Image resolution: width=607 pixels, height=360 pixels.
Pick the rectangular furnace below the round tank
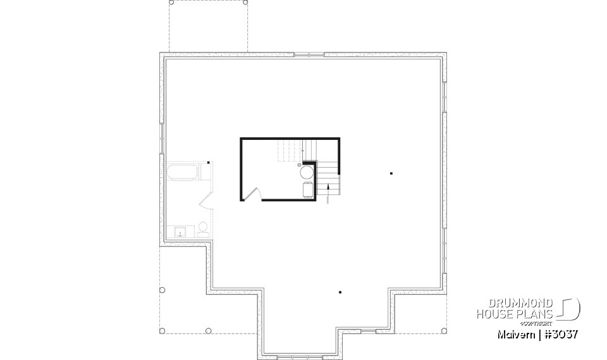pos(307,189)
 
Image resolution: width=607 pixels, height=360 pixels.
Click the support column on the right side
pos(391,173)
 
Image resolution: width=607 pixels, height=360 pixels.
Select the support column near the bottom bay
pos(340,292)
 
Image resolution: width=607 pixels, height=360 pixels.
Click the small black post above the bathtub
pos(209,161)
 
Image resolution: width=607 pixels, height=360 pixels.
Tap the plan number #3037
pos(560,333)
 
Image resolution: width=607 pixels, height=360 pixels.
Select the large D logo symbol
pos(570,308)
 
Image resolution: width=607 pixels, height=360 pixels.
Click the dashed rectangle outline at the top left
pos(207,25)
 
